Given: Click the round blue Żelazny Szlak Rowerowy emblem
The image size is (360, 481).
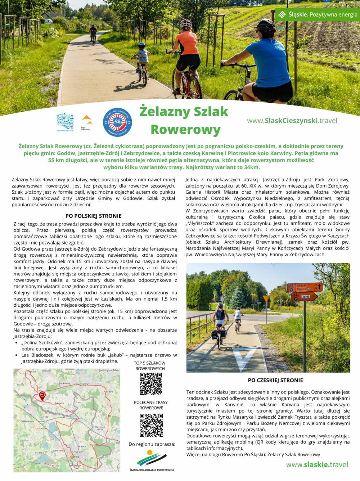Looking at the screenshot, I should pyautogui.click(x=117, y=122).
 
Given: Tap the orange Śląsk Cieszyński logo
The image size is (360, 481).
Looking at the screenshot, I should pyautogui.click(x=87, y=121).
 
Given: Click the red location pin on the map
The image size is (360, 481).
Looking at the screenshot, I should pyautogui.click(x=42, y=396).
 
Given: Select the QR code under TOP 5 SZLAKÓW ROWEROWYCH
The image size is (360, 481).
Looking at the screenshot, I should pyautogui.click(x=151, y=384).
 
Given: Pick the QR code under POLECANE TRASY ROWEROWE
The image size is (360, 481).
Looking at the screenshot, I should pyautogui.click(x=151, y=425).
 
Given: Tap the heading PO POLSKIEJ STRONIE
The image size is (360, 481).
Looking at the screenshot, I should pyautogui.click(x=93, y=216).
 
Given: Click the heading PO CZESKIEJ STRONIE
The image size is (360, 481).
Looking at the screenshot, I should pyautogui.click(x=275, y=380).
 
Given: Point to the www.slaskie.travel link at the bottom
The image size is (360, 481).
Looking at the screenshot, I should pyautogui.click(x=317, y=465).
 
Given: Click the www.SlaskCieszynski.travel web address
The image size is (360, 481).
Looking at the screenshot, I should pyautogui.click(x=292, y=121).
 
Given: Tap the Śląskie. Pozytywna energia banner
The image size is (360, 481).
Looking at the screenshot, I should pyautogui.click(x=318, y=14).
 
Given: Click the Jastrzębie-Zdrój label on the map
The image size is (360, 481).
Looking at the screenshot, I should pyautogui.click(x=109, y=370).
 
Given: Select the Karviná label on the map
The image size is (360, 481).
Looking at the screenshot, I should pyautogui.click(x=75, y=457).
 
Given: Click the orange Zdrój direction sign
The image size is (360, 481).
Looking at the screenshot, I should pyautogui.click(x=305, y=297).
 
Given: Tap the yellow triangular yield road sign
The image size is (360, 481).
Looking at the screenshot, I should pyautogui.click(x=266, y=299).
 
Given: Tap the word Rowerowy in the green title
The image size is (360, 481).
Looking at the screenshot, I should pyautogui.click(x=185, y=129).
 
